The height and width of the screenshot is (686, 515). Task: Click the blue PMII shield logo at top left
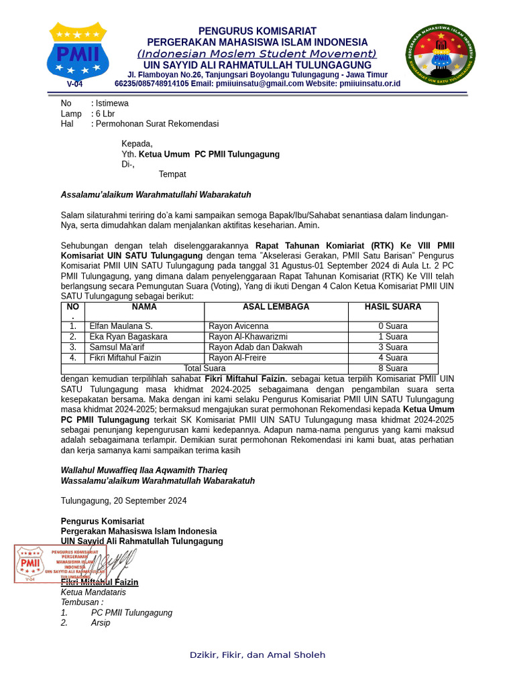click(x=78, y=54)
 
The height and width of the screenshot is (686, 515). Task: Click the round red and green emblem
click(x=441, y=55)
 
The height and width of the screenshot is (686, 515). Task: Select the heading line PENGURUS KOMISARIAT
click(x=257, y=31)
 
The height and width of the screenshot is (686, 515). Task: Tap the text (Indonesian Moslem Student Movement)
click(x=257, y=54)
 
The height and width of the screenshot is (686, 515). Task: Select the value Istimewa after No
click(x=112, y=103)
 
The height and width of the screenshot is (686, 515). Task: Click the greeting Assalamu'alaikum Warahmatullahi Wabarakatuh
click(x=156, y=195)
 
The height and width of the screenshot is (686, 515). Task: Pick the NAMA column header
click(x=144, y=307)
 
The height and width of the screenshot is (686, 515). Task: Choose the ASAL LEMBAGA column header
click(x=276, y=307)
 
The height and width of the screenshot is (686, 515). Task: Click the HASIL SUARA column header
click(x=393, y=307)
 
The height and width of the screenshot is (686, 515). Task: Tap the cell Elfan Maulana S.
click(x=121, y=326)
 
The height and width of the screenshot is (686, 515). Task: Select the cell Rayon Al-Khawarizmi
click(x=248, y=337)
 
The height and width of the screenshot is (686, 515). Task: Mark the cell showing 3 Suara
click(x=393, y=348)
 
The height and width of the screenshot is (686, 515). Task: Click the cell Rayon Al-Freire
click(x=237, y=358)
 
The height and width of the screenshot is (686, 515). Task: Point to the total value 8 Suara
click(x=393, y=368)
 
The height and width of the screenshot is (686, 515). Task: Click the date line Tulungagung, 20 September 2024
click(x=123, y=501)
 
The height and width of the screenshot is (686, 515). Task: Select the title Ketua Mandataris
click(x=93, y=592)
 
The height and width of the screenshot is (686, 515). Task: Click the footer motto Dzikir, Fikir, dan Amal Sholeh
click(x=257, y=655)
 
